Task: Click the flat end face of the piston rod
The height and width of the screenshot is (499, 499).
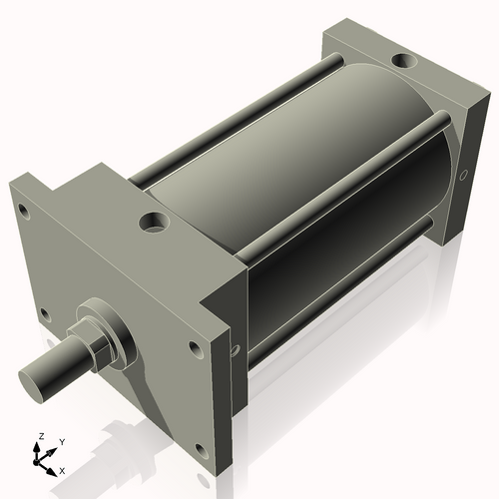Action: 38,380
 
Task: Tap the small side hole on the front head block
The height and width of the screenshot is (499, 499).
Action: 234,351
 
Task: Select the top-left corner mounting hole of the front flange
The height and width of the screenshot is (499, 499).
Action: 20,211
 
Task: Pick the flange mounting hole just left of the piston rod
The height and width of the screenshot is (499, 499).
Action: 44,314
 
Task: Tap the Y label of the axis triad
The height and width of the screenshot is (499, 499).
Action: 61,440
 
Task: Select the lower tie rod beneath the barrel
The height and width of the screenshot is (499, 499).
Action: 339,289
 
